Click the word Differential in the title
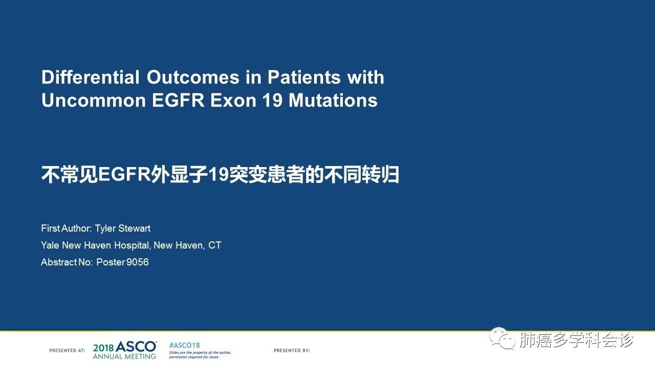[x=91, y=77]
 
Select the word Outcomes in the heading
[x=193, y=77]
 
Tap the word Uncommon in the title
[x=94, y=100]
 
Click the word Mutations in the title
[x=333, y=100]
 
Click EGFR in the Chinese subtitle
[x=124, y=175]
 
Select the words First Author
[x=66, y=229]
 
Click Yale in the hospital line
[x=50, y=245]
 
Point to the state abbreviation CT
[x=214, y=245]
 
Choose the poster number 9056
[x=138, y=262]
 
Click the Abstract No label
[x=67, y=262]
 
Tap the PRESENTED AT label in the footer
[x=67, y=350]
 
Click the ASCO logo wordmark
[x=136, y=347]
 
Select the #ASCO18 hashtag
[x=185, y=345]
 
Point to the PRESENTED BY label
[x=292, y=350]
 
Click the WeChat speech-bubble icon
[x=503, y=338]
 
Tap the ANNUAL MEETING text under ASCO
[x=124, y=356]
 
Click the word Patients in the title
[x=304, y=77]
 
